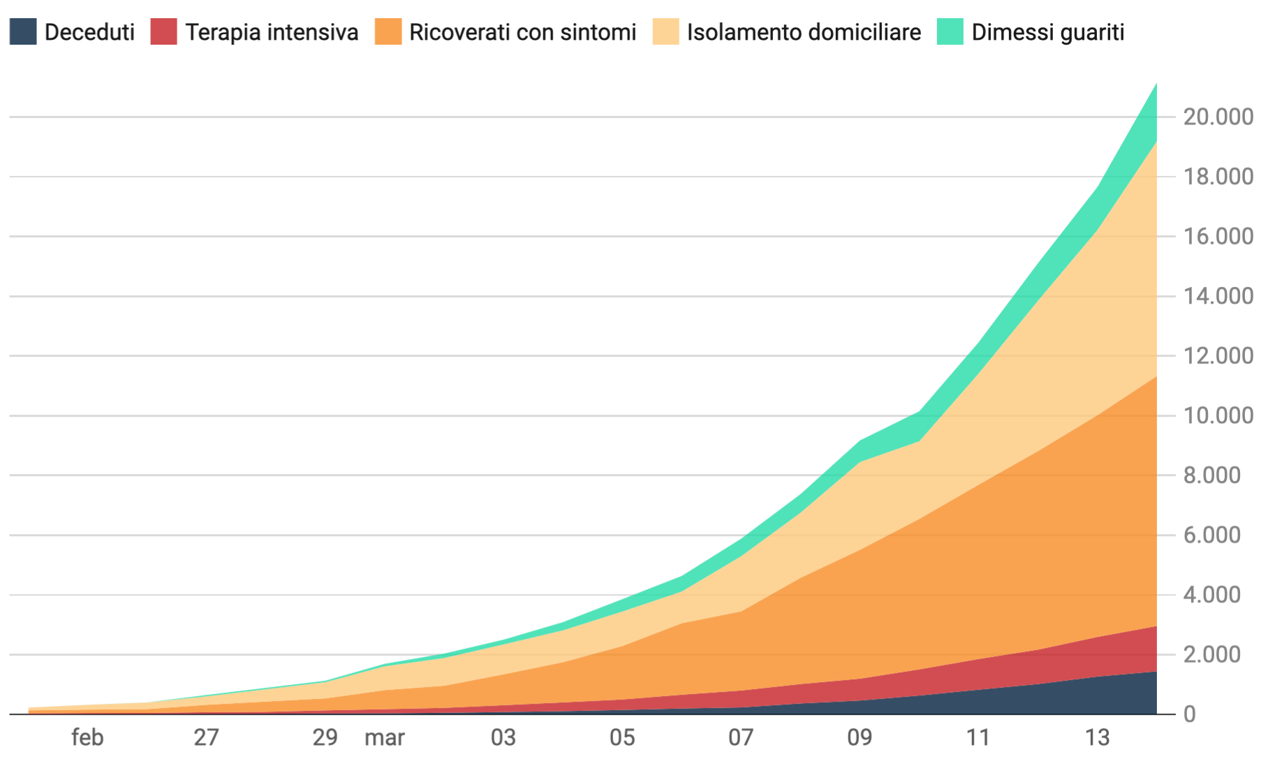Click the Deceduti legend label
(x=89, y=32)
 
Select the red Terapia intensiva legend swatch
(x=163, y=32)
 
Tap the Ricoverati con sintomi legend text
(x=522, y=32)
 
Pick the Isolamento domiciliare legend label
(x=804, y=32)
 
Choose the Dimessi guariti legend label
(x=1047, y=32)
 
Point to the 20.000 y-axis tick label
(x=1218, y=117)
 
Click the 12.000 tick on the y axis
(x=1218, y=356)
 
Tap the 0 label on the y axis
(x=1190, y=714)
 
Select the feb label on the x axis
(x=87, y=737)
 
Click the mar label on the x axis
(x=385, y=737)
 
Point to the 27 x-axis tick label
(x=206, y=737)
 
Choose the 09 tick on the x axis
(x=860, y=737)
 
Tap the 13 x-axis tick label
(x=1097, y=737)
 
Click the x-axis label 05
(x=622, y=737)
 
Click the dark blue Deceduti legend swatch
(x=23, y=32)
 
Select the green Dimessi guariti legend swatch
(x=950, y=32)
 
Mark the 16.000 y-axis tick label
(x=1218, y=237)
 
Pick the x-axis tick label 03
(x=503, y=737)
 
